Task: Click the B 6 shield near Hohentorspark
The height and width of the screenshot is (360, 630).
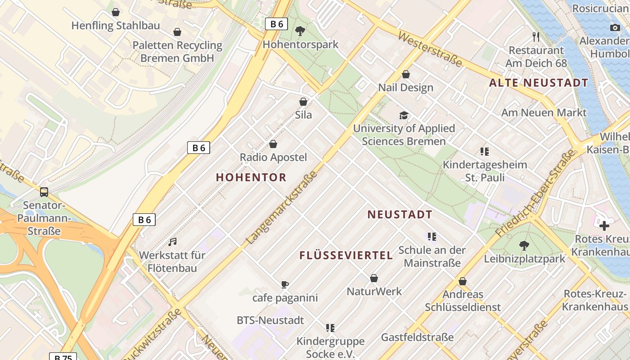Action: [x=276, y=24]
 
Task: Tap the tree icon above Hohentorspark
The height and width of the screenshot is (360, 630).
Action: [x=300, y=31]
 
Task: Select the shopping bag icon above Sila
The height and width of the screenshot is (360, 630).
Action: [x=303, y=102]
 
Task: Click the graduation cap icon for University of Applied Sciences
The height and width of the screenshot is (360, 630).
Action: [x=404, y=116]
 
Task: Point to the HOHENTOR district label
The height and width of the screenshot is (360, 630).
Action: [x=251, y=177]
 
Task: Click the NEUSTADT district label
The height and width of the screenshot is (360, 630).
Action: [x=400, y=215]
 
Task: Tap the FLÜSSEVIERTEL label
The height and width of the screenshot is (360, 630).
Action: [x=346, y=256]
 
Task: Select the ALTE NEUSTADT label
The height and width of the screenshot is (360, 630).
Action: [x=539, y=83]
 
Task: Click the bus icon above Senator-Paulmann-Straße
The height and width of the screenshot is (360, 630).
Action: [x=44, y=192]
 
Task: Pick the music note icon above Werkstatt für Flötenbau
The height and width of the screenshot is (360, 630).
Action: [x=172, y=242]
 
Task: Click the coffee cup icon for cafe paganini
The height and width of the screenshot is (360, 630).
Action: [x=284, y=284]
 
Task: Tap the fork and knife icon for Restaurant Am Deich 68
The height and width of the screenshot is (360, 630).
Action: [x=535, y=36]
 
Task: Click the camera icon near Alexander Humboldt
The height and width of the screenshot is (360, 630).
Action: [x=615, y=28]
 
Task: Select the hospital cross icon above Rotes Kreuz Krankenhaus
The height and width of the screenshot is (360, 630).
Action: [x=604, y=225]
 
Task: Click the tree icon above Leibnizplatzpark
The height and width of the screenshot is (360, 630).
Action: [x=524, y=246]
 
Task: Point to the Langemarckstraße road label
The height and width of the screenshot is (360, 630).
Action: [x=282, y=208]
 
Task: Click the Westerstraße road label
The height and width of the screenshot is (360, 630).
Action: [x=430, y=49]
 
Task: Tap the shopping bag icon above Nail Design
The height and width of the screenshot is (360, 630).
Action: [x=406, y=74]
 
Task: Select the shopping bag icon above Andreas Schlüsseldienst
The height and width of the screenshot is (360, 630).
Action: [x=462, y=281]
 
